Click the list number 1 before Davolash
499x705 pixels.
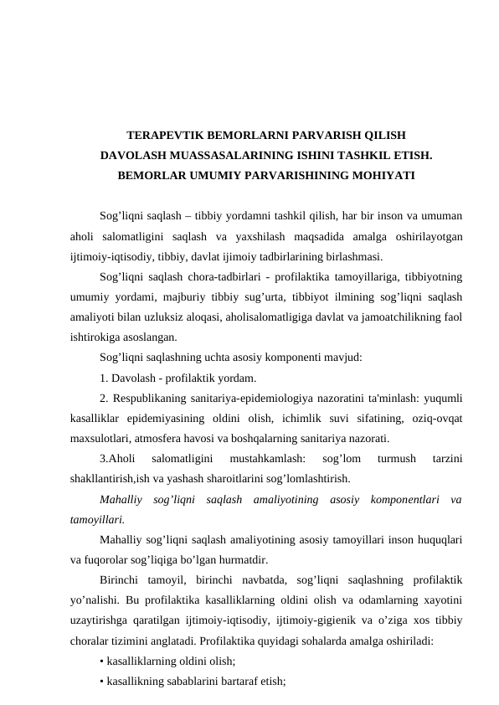click(103, 378)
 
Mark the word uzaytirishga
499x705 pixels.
click(105, 622)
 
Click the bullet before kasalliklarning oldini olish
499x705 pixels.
click(100, 663)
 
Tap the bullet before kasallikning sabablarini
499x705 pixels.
click(100, 683)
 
